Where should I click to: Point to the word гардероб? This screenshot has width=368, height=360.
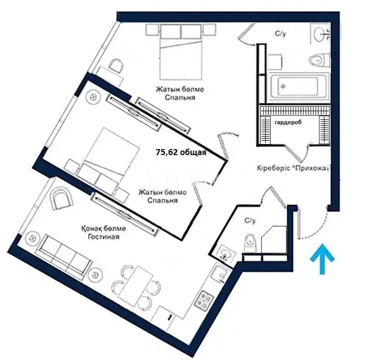(288, 123)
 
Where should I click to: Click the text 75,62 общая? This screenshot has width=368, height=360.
(181, 152)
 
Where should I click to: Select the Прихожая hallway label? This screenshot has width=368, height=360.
(312, 168)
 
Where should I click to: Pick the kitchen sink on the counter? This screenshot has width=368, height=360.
(220, 275)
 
